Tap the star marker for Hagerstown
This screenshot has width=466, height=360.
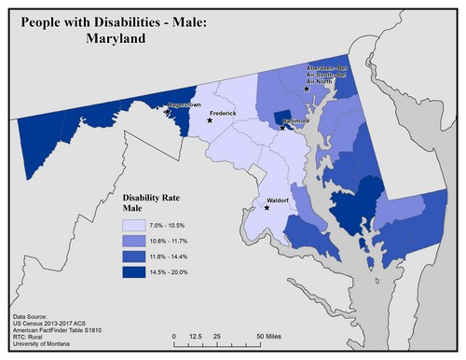(x=167, y=111)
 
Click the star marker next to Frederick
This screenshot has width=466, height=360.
(x=211, y=120)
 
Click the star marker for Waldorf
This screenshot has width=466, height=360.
(x=267, y=207)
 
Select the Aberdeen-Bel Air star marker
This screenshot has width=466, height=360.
(x=306, y=89)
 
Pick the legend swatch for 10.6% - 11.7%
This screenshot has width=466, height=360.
(x=134, y=242)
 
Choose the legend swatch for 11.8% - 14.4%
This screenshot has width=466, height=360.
(x=134, y=256)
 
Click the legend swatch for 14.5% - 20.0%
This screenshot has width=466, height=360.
(x=134, y=271)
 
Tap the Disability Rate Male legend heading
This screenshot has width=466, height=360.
(x=154, y=204)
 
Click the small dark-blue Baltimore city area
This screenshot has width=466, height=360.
(x=282, y=119)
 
